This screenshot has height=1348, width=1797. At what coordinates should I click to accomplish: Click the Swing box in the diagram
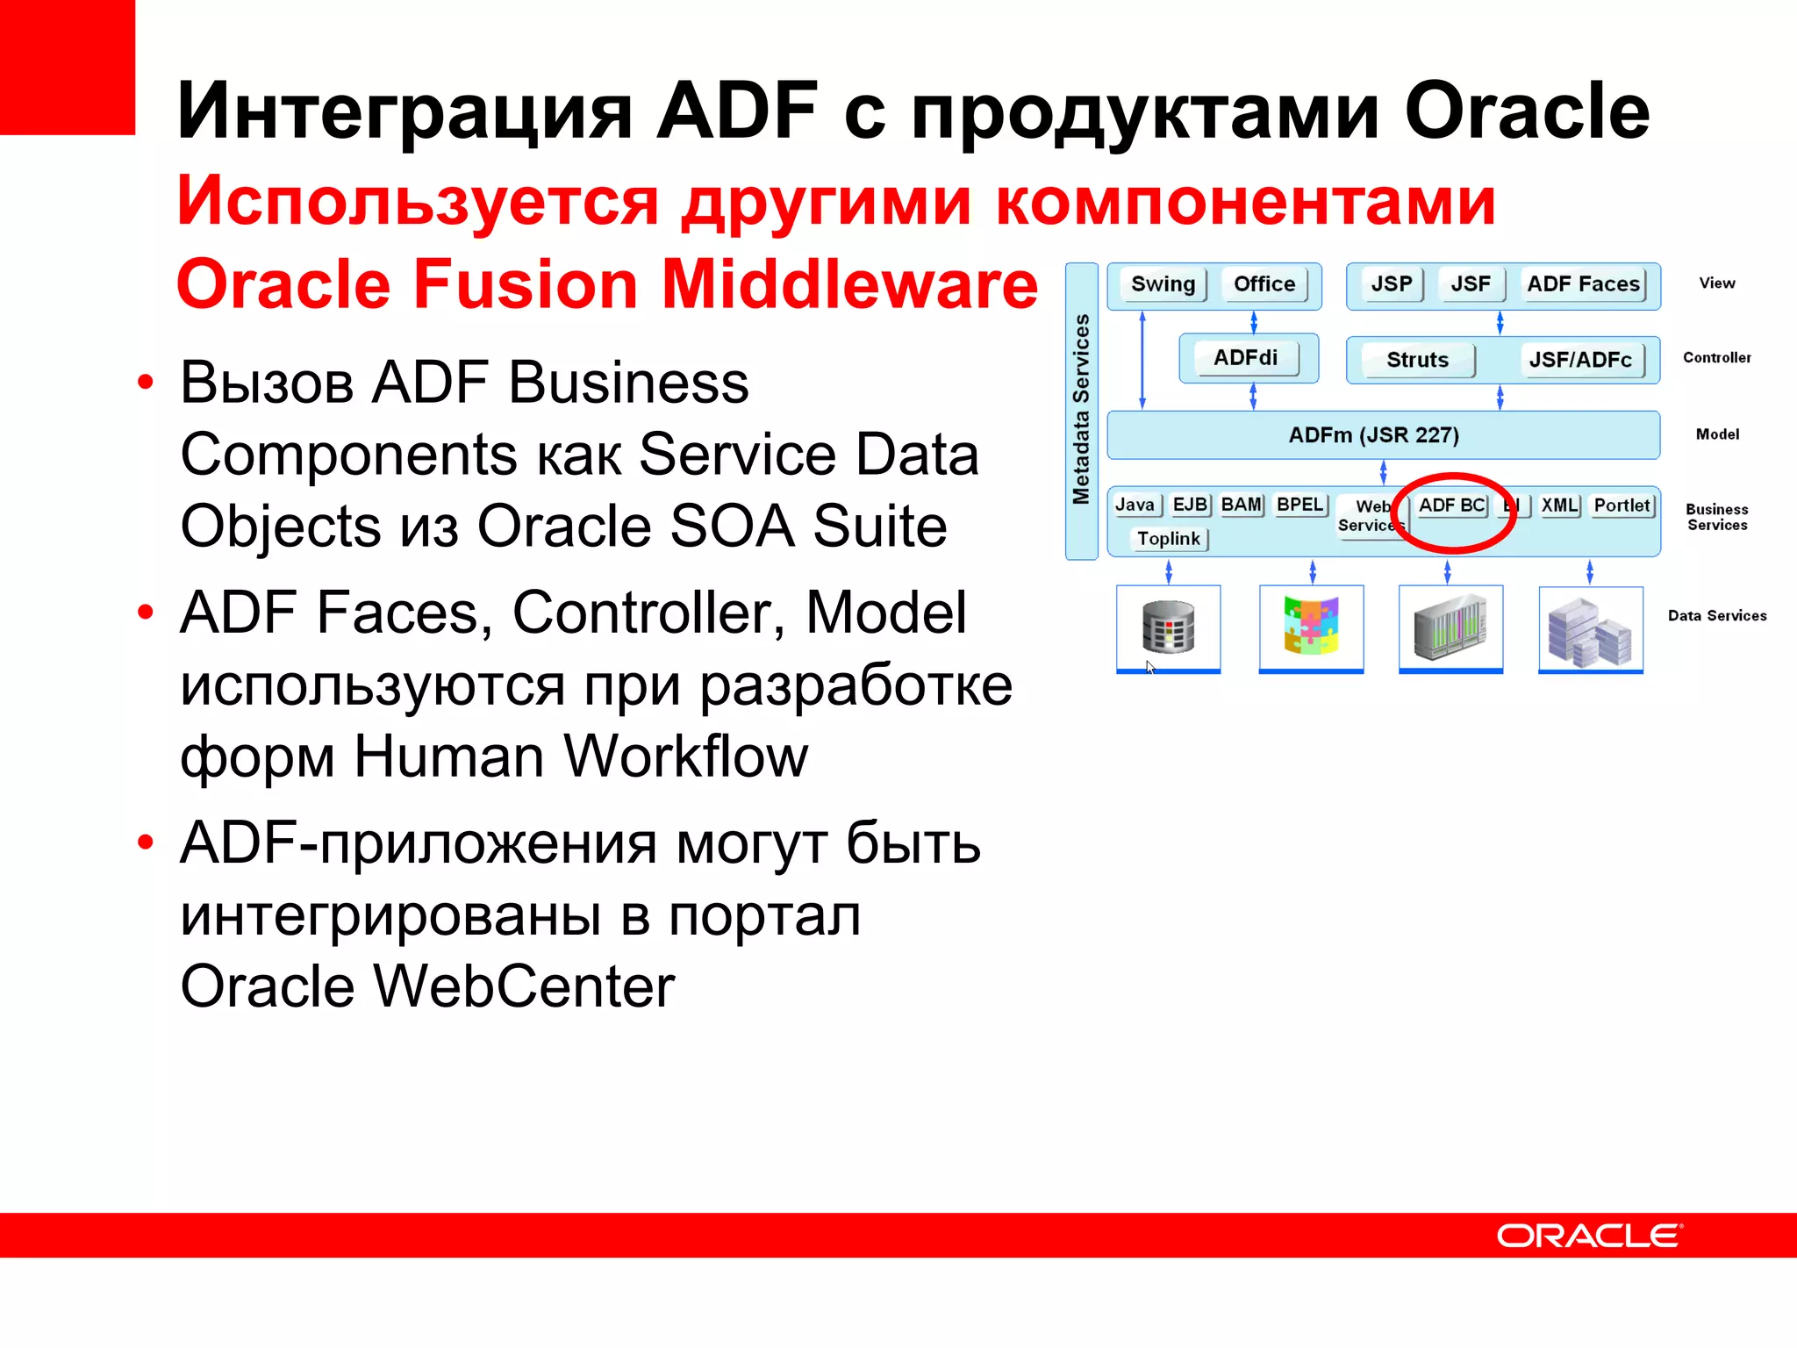pos(1163,284)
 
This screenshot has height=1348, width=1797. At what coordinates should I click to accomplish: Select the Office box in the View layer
pos(1264,284)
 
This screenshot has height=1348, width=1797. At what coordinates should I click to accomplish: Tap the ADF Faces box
pos(1583,284)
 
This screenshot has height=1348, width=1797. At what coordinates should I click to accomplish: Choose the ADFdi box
pos(1245,358)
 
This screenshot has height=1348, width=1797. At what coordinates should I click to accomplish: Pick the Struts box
pos(1417,360)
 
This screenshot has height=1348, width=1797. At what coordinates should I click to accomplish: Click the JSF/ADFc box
pos(1580,360)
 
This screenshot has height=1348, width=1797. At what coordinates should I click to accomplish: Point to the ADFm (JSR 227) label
pos(1373,435)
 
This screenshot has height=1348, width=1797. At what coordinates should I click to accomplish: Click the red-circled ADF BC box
pos(1451,505)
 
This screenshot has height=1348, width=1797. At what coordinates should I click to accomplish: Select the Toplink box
pos(1169,539)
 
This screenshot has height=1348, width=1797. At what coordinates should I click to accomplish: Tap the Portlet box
pos(1622,505)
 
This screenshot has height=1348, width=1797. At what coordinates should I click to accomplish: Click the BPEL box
pos(1299,505)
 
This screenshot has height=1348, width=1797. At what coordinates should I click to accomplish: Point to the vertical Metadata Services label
pos(1081,410)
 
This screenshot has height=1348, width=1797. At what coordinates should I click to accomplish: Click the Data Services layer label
pos(1717,616)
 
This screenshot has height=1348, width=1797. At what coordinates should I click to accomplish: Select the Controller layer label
pos(1716,358)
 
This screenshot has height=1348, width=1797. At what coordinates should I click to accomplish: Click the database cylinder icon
pos(1168,627)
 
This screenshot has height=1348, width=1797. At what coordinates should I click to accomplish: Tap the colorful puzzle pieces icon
pos(1311,626)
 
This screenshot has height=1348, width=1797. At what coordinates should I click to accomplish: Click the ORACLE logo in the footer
pos(1589,1236)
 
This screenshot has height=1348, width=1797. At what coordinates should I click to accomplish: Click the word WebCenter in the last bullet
pos(524,986)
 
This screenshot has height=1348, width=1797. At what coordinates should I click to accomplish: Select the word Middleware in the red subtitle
pos(849,284)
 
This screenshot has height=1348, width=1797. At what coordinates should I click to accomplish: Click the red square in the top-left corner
pos(67,67)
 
